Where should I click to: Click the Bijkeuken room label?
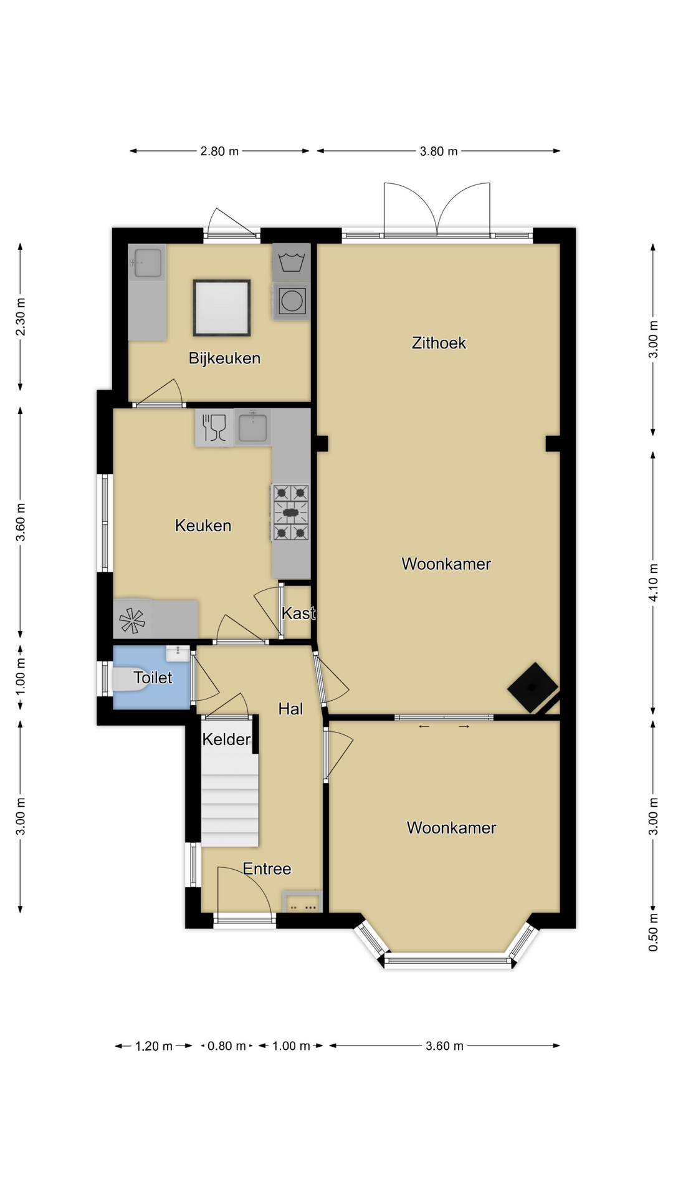click(x=224, y=358)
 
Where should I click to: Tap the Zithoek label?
click(x=439, y=343)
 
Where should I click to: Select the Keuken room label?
click(x=203, y=526)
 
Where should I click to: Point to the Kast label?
click(x=298, y=613)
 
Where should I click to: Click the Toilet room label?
click(x=153, y=678)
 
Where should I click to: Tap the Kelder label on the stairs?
click(x=226, y=739)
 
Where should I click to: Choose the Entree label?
click(x=267, y=869)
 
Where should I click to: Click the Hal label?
click(x=290, y=709)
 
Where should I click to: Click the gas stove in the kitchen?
click(x=290, y=512)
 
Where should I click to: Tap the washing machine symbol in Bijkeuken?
click(x=291, y=262)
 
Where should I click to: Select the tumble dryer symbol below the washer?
click(x=291, y=302)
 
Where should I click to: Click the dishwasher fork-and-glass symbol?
click(x=214, y=428)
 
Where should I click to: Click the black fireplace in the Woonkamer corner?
click(x=533, y=687)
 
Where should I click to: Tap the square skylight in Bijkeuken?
click(x=222, y=308)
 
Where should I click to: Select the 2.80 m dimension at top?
click(x=219, y=151)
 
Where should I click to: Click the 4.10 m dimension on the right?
click(x=653, y=582)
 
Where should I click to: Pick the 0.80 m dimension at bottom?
click(x=226, y=1046)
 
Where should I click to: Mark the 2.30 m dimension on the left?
click(x=21, y=317)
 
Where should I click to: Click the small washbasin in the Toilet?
click(x=178, y=653)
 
